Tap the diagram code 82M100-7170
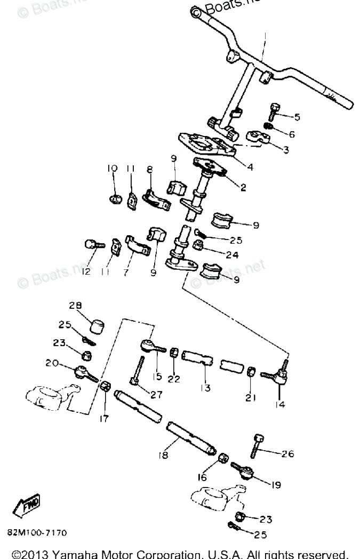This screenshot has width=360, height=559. [37, 532]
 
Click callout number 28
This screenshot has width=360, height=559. [75, 305]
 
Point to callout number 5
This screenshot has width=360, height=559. [297, 117]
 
